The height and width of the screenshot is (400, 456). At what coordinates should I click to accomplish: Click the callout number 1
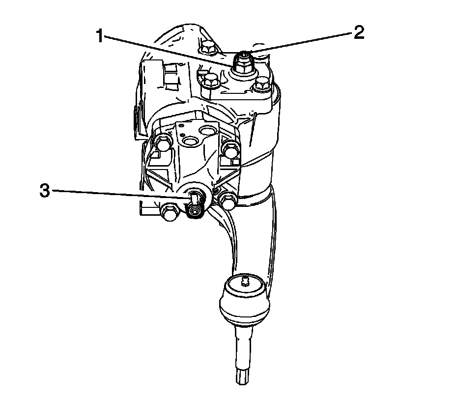100,36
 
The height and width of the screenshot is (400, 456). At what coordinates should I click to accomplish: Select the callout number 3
45,191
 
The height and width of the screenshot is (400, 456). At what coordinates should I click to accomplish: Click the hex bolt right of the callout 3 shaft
228,201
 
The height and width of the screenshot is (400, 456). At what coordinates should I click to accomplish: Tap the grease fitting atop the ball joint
244,282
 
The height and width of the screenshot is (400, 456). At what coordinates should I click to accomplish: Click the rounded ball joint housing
245,300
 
